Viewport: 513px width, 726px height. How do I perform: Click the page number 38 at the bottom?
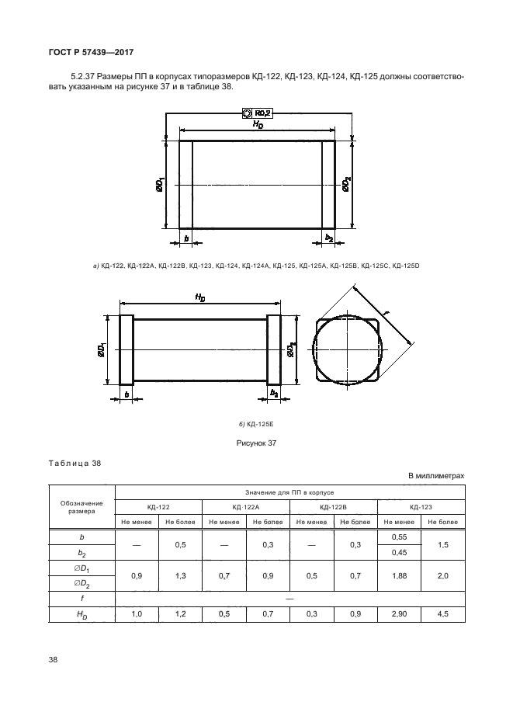pos(54,660)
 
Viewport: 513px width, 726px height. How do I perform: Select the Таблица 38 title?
pos(75,464)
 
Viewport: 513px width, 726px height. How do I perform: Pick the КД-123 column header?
pos(421,506)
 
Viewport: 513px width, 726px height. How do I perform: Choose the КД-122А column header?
pos(244,506)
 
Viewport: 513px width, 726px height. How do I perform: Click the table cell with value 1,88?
pos(399,575)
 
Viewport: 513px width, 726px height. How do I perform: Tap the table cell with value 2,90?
pos(399,614)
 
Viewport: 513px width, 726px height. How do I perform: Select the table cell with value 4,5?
pos(443,614)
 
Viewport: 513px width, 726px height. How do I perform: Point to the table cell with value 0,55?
pos(399,537)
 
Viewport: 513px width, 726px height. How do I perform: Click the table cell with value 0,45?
pos(399,552)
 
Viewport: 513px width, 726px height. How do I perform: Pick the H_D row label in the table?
pos(81,614)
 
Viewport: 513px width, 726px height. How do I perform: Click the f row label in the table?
pos(81,599)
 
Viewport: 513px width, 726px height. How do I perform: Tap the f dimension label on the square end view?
pos(386,311)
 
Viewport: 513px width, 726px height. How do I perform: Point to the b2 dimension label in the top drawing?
pos(329,238)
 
